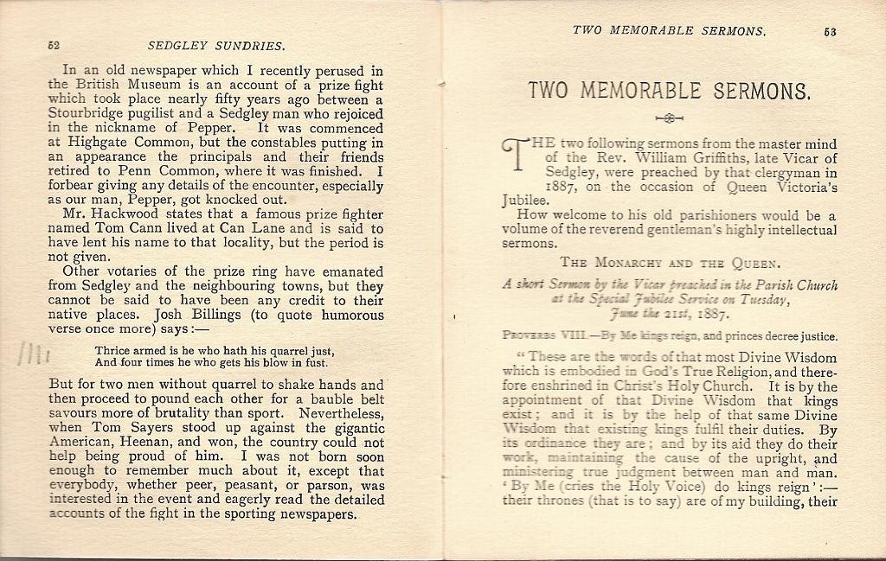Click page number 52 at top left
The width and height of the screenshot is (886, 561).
(x=54, y=45)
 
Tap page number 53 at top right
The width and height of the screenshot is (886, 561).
(x=830, y=32)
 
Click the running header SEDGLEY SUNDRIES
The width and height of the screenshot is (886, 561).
(x=216, y=45)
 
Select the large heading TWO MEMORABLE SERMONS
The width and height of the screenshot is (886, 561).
(x=669, y=91)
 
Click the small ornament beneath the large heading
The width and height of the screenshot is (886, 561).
(x=670, y=118)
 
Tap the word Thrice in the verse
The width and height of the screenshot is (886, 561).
(x=112, y=351)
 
